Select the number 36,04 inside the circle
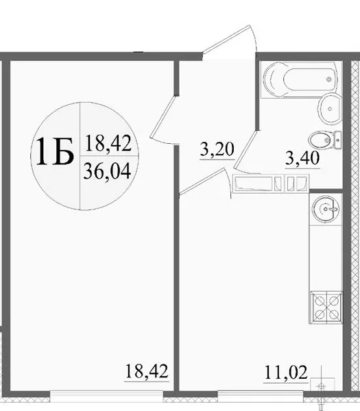tap(107, 172)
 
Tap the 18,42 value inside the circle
tap(108, 144)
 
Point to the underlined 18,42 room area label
tap(147, 371)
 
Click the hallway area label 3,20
tap(217, 149)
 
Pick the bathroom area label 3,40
tap(302, 158)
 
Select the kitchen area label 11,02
tap(285, 373)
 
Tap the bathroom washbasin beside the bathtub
tap(330, 108)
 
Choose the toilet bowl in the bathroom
tap(321, 140)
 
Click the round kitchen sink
tap(325, 209)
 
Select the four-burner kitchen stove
tap(326, 308)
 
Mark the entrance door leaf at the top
tap(227, 39)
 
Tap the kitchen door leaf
tap(203, 182)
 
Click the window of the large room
tap(106, 396)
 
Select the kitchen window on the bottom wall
tap(261, 396)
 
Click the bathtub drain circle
tap(328, 79)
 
